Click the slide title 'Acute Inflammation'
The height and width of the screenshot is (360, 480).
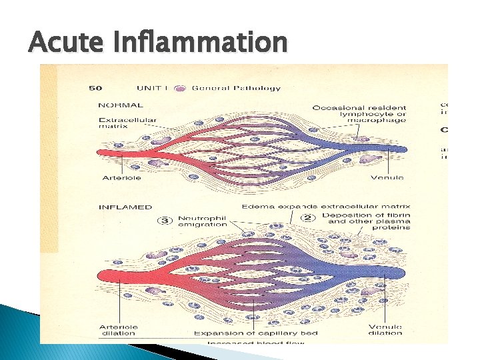(158, 43)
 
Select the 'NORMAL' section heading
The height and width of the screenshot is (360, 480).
(120, 105)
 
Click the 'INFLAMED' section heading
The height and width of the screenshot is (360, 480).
(125, 207)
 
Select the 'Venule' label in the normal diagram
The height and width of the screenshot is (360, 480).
(387, 177)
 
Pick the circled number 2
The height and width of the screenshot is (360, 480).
(308, 218)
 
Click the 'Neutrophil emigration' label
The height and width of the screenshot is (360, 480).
(202, 221)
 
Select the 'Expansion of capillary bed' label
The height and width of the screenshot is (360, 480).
(255, 333)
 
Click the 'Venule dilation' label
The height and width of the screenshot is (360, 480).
(385, 329)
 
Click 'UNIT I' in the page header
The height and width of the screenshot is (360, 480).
(152, 88)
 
